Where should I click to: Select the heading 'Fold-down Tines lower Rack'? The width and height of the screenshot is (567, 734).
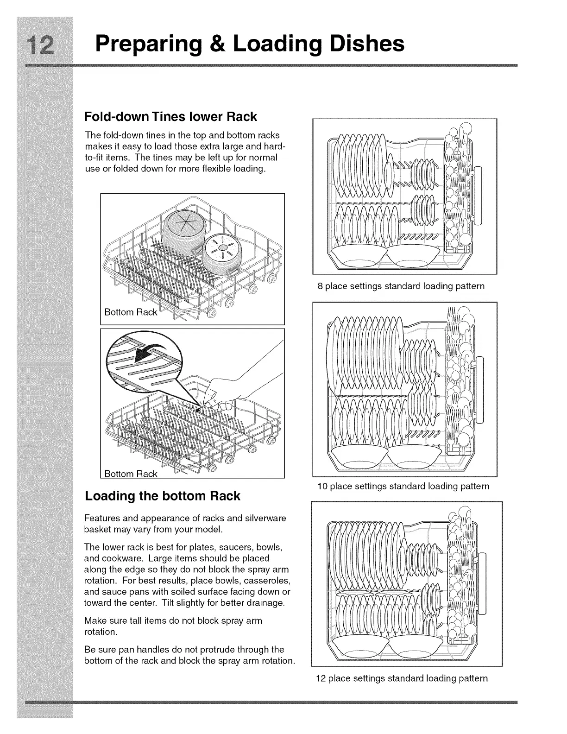170,116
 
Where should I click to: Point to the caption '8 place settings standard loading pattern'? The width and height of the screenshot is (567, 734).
401,286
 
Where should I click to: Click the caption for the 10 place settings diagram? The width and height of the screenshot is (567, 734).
403,486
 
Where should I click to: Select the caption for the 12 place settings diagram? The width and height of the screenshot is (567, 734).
402,678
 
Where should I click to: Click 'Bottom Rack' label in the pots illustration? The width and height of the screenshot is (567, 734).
131,312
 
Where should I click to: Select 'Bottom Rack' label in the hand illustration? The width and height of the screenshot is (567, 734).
131,474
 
